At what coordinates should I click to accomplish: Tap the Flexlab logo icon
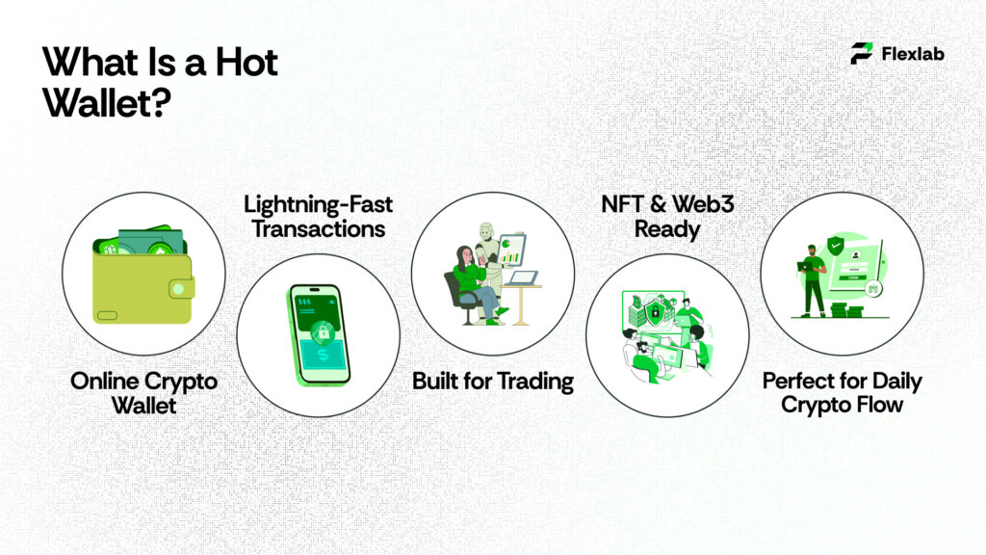click(x=862, y=54)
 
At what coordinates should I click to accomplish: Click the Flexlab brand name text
click(x=912, y=54)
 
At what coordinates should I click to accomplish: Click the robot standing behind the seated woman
click(x=488, y=253)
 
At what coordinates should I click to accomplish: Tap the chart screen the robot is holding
click(x=512, y=251)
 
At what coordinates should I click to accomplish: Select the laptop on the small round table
click(x=522, y=278)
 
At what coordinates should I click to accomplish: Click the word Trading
click(x=536, y=382)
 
